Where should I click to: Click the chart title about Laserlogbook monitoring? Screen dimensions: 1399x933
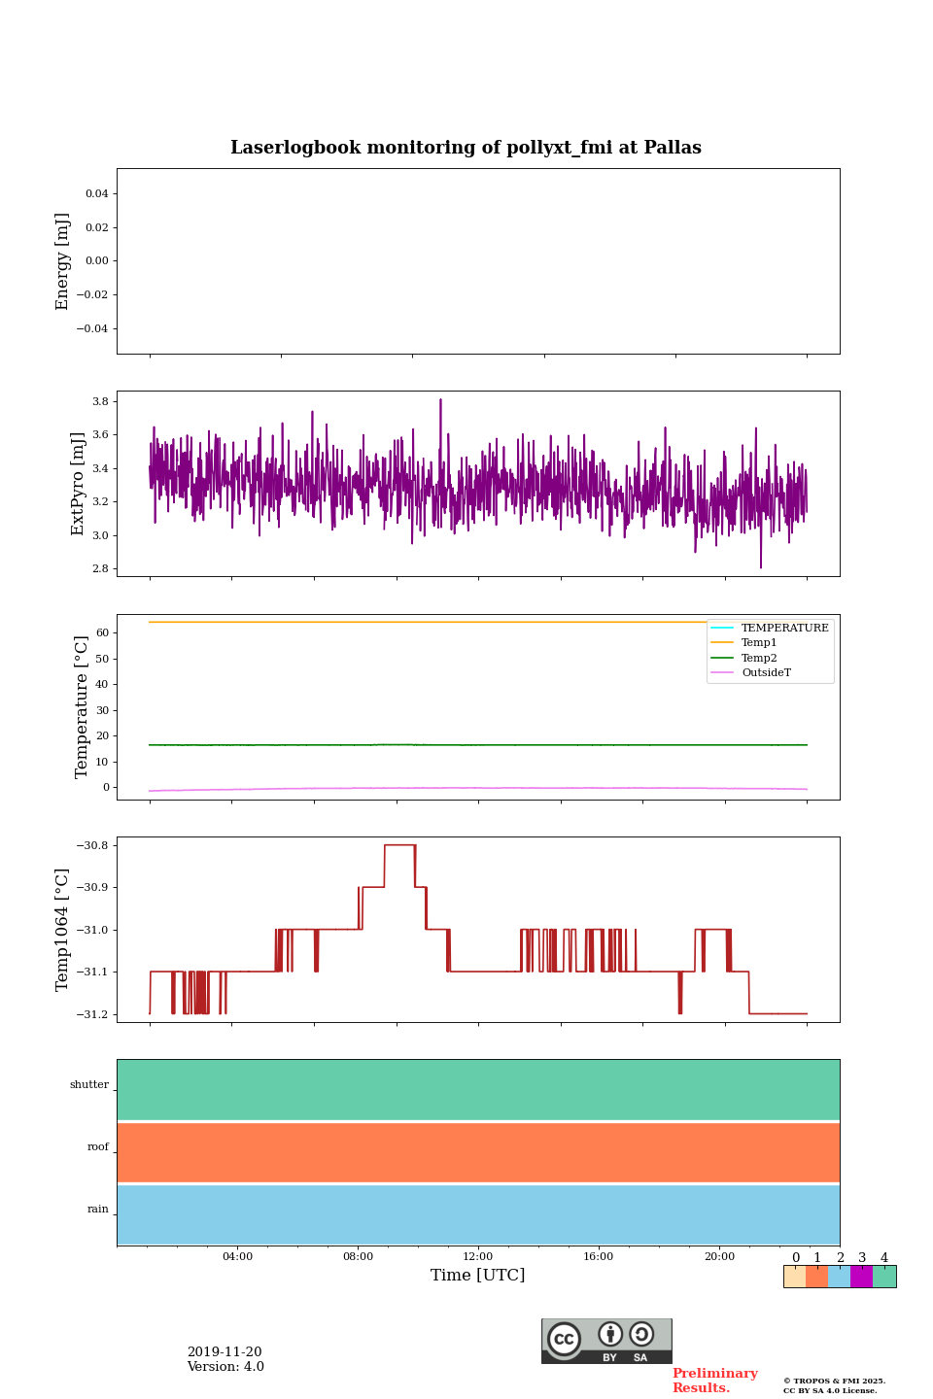click(x=466, y=148)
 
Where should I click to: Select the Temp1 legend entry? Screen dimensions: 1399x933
click(x=759, y=643)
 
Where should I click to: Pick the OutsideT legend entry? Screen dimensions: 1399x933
click(x=766, y=673)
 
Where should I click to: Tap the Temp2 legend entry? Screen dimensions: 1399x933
click(x=759, y=658)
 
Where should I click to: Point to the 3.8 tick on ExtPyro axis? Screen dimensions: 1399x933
click(x=99, y=401)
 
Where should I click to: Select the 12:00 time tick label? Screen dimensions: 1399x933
click(x=478, y=1257)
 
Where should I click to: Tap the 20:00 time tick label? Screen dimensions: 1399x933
click(x=719, y=1257)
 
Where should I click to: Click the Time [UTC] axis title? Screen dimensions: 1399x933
click(x=478, y=1276)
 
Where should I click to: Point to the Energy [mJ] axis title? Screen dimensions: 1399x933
click(x=63, y=261)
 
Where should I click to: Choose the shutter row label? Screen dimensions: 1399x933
click(x=89, y=1085)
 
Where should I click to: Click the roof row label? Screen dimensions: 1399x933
click(x=98, y=1147)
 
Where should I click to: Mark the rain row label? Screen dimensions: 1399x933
click(x=98, y=1210)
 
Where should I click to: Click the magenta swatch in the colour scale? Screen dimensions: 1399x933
click(x=861, y=1277)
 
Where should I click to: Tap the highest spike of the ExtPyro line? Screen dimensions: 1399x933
click(x=440, y=399)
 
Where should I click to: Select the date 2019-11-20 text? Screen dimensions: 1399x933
click(x=225, y=1352)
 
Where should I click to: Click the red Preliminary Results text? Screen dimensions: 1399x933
click(x=714, y=1381)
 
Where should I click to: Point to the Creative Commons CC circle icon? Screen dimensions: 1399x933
click(x=564, y=1339)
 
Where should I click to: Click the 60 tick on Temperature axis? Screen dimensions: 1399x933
click(x=101, y=632)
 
